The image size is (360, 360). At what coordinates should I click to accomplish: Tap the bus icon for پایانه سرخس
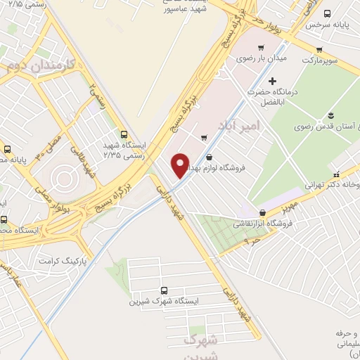[x=327, y=13]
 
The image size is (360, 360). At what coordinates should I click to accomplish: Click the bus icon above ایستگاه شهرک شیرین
[x=165, y=290]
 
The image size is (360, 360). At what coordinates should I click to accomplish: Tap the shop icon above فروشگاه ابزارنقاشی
[x=262, y=212]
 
